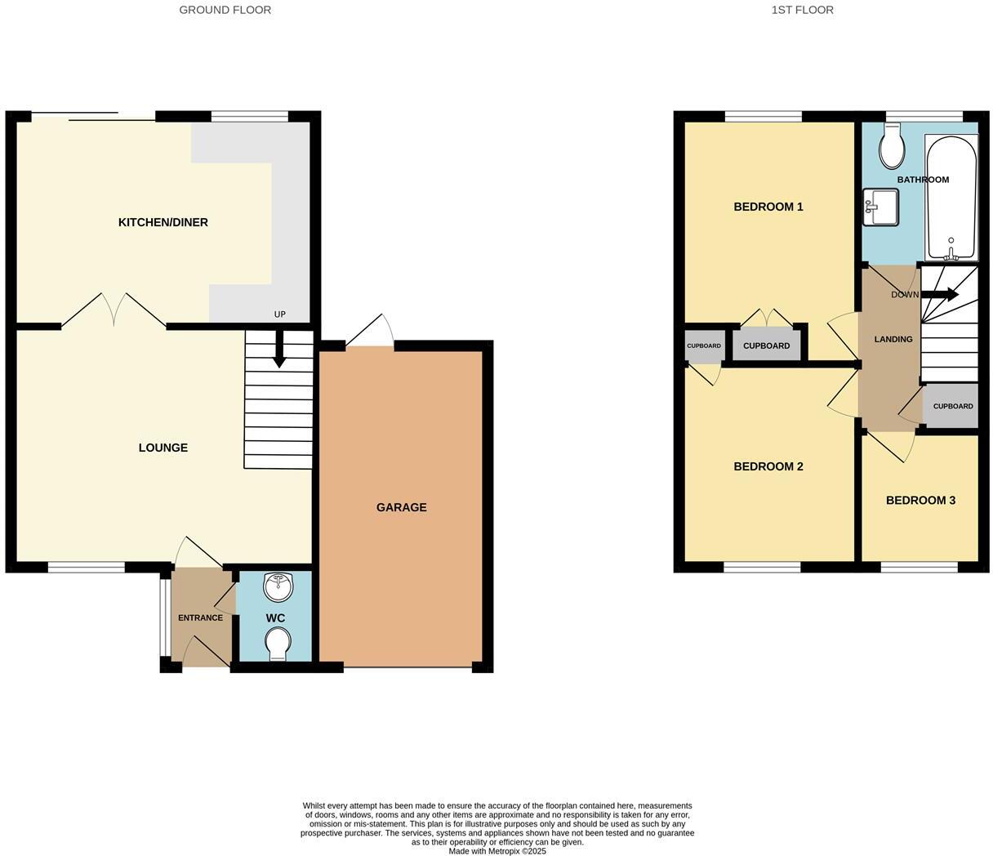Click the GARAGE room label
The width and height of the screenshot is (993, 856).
point(401,507)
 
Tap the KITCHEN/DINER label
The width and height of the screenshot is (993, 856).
point(163,222)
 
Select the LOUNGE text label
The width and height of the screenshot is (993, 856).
point(163,448)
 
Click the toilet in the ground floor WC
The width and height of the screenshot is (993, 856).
point(278,642)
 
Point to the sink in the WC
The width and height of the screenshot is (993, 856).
point(278,586)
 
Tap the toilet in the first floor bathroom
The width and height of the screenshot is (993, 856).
point(891,147)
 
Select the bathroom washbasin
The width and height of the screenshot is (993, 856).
point(881,207)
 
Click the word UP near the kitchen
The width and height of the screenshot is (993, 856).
point(280,314)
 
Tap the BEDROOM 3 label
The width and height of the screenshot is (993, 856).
point(920,501)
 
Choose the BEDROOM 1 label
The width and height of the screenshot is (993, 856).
point(768,207)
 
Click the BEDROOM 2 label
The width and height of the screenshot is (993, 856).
point(768,466)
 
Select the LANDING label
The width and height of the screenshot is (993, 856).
point(893,339)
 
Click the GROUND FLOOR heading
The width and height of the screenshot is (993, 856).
point(225,10)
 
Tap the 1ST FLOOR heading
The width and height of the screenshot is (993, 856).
point(802,10)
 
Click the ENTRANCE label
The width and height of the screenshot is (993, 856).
point(200,617)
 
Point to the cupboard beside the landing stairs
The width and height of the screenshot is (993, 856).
point(952,406)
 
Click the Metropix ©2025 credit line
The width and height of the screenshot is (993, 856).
point(497,851)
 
